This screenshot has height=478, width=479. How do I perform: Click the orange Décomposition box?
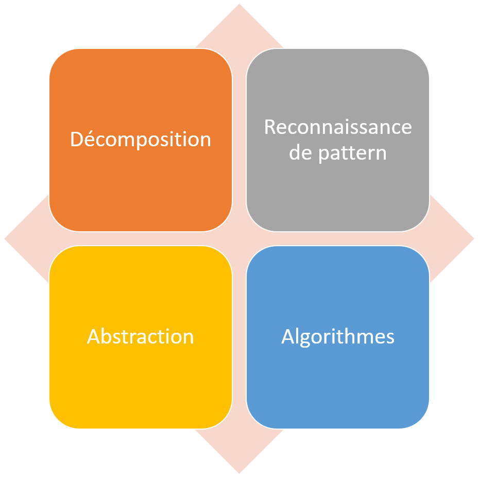141,140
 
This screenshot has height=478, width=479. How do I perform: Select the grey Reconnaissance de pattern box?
338,140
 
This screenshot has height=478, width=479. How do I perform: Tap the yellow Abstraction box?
141,337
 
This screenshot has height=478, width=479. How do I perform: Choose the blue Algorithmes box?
338,337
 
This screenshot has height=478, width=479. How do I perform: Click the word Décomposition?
141,140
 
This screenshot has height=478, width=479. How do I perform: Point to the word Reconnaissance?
338,127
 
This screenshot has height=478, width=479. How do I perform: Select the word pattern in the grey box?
353,153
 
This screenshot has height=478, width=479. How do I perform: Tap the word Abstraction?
141,336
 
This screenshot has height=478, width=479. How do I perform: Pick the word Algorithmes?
338,337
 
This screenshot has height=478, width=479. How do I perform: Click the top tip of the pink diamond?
239,4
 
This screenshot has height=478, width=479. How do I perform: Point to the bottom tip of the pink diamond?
239,473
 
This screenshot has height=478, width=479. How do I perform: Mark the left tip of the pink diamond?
5,239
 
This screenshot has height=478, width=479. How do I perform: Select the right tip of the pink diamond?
474,239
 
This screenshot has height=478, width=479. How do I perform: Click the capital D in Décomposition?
77,139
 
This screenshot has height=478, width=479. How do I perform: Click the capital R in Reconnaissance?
270,127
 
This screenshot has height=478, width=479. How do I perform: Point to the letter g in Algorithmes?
305,339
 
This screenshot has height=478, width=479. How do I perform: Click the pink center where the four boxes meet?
239,239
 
